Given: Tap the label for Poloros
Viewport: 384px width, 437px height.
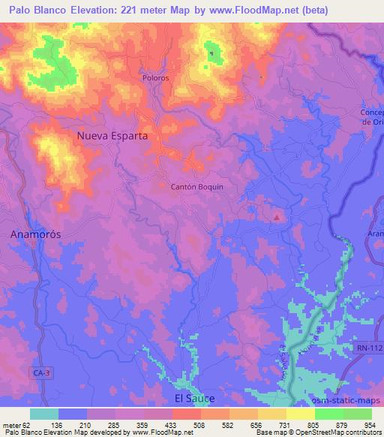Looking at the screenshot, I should click(155, 77).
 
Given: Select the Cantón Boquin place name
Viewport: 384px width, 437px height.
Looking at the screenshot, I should click(198, 187).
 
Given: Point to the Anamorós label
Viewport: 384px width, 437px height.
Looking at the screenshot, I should click(35, 234).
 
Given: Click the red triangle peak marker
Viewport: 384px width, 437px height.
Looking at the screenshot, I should click(277, 218).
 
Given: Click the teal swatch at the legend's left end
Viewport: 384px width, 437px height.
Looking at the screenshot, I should click(43, 414).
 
